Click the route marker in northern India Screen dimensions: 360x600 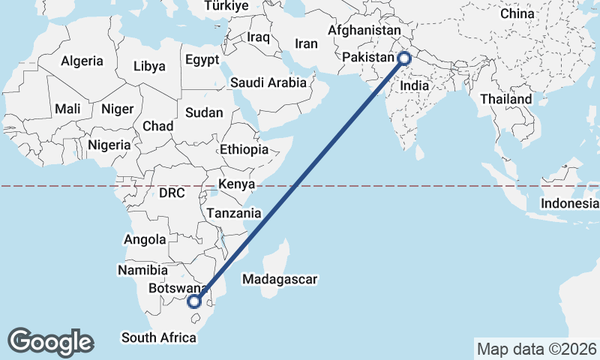[404, 58]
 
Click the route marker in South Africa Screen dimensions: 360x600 [194, 302]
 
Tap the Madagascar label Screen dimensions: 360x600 [280, 280]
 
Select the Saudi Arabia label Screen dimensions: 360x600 [268, 82]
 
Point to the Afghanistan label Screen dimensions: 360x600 [364, 31]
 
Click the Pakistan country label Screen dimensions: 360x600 [367, 58]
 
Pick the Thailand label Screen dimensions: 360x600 [506, 99]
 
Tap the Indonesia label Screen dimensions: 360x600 [571, 203]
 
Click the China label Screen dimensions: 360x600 [517, 13]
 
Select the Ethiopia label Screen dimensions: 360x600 [244, 150]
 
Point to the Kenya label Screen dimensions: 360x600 [237, 184]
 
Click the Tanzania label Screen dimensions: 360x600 [234, 213]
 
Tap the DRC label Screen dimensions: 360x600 [172, 193]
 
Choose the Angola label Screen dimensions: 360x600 [145, 240]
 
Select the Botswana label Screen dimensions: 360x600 [177, 288]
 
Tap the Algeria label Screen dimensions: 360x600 [82, 61]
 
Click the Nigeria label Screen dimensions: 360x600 [109, 145]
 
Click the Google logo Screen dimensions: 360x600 [50, 342]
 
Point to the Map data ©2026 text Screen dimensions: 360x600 [537, 349]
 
